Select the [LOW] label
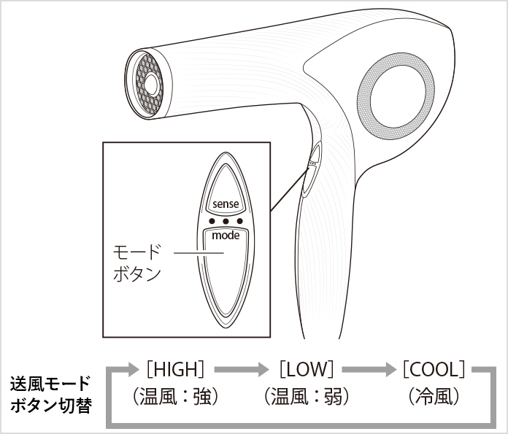point(306,368)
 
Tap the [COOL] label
point(434,368)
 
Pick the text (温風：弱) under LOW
point(306,397)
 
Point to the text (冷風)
point(434,397)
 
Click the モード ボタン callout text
point(136,263)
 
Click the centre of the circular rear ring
point(399,98)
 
